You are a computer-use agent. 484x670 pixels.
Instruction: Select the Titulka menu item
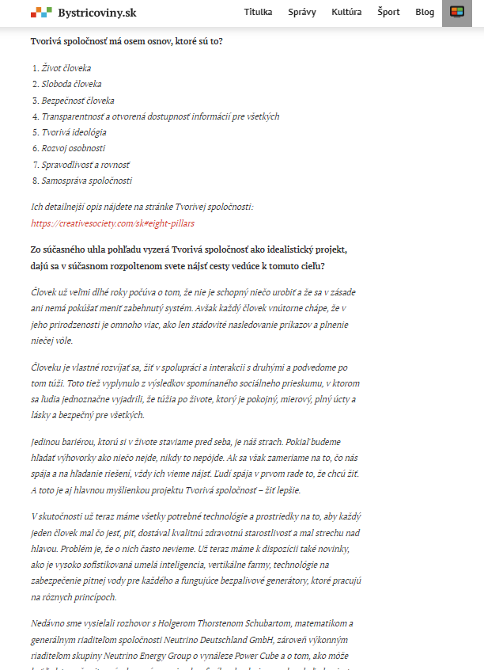[x=258, y=13]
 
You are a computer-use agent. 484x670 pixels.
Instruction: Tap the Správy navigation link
[x=302, y=13]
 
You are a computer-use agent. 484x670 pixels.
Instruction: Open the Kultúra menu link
[x=346, y=13]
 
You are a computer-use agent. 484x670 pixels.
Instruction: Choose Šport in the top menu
[x=388, y=13]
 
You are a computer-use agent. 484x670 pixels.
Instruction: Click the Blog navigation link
[x=425, y=13]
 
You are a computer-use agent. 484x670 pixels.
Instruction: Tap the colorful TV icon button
[x=456, y=13]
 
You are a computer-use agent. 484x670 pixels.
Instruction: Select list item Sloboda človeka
[x=71, y=84]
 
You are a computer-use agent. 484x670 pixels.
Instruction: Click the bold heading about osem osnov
[x=127, y=40]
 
